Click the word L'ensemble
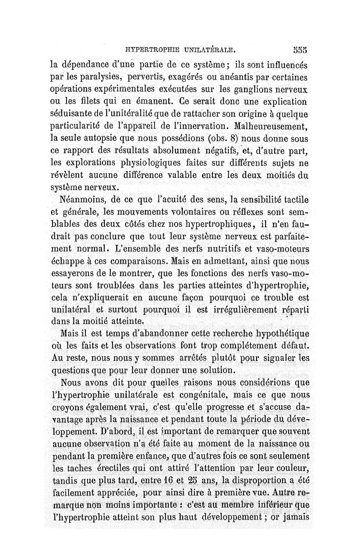tap(140, 248)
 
